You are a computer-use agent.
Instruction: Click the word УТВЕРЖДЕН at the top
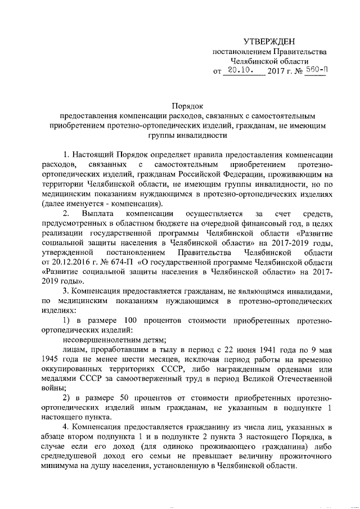[x=268, y=42]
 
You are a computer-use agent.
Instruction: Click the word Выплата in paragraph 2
[x=97, y=214]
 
